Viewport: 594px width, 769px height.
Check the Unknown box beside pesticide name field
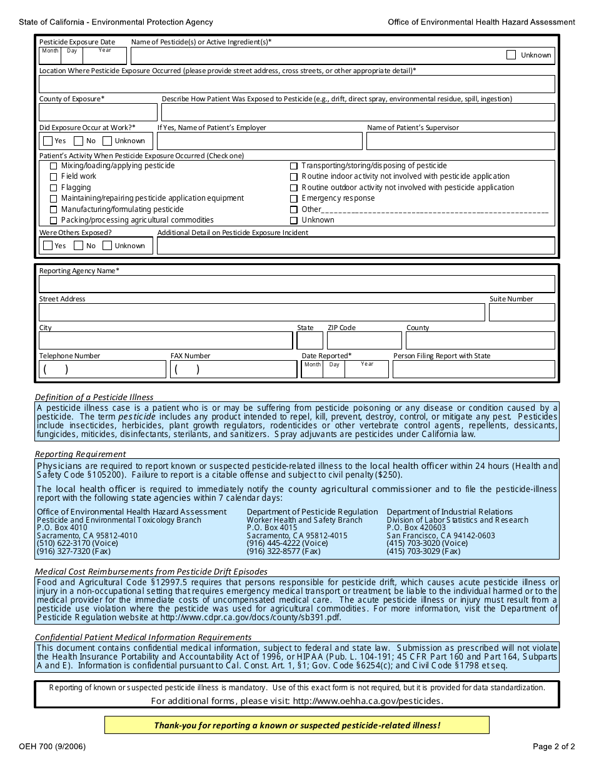point(511,55)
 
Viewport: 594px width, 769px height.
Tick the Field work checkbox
point(53,177)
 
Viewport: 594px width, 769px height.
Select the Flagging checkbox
point(53,188)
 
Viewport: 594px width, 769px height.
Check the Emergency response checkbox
point(294,199)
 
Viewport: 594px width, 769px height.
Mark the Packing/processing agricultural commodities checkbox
point(53,220)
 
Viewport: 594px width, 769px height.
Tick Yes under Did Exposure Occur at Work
point(48,141)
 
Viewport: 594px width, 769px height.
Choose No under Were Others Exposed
point(78,246)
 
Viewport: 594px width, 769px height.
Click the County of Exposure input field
point(98,113)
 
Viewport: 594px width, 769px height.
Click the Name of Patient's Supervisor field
point(460,141)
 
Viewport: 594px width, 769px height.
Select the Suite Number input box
point(521,313)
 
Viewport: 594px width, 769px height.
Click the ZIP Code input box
point(365,341)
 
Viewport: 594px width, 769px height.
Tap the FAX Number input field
point(233,369)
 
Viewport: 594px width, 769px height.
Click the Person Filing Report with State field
point(473,369)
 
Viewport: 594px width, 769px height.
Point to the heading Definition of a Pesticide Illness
point(94,397)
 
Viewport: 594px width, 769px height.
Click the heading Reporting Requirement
point(80,454)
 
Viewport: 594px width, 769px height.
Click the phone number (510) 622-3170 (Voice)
point(77,543)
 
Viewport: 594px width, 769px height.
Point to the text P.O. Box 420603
point(416,528)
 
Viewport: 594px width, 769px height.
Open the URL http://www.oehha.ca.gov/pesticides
point(367,701)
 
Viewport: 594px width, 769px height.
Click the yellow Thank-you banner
point(296,725)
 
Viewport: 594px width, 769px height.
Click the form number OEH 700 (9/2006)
point(53,746)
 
